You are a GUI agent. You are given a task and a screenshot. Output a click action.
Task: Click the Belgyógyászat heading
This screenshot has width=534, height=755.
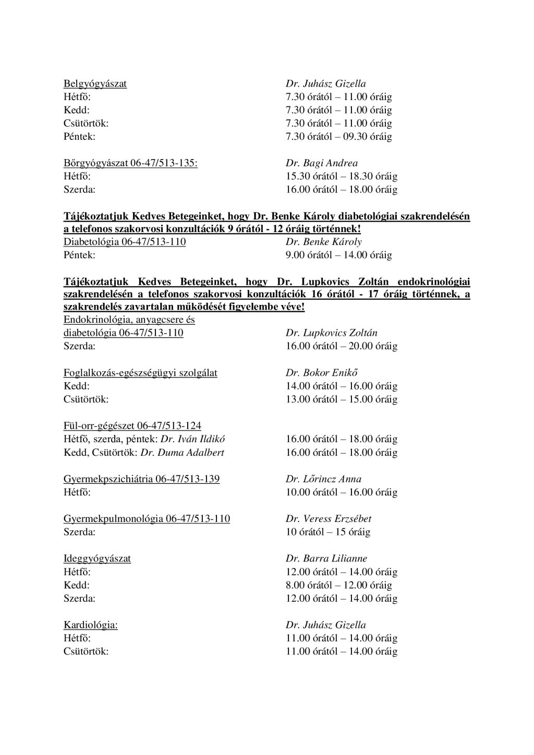point(95,83)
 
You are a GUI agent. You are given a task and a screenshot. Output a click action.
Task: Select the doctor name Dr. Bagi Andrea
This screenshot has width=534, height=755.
point(321,163)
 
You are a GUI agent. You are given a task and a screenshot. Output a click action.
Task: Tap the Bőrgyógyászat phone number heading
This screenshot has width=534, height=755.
point(130,163)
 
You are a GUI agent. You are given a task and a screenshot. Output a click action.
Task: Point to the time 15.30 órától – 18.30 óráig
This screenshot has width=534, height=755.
point(341,176)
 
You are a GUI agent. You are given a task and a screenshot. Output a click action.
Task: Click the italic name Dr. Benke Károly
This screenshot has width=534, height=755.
point(323,242)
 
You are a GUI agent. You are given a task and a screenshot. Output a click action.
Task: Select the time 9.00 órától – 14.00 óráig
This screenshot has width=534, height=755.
point(338,255)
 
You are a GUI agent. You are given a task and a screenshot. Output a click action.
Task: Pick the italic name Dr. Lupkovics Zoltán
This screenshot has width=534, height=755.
point(331,333)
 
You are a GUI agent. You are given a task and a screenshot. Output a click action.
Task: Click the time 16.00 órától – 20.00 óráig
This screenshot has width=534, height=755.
point(341,346)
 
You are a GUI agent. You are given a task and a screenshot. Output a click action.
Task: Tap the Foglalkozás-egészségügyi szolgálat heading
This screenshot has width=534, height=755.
point(140,373)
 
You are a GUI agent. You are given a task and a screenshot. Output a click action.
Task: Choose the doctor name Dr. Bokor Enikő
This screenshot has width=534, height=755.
point(321,373)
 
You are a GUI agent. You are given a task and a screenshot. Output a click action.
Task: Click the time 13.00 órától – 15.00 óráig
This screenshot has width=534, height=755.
point(341,399)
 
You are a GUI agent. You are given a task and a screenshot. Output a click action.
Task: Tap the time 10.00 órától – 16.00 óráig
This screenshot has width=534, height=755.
point(341,492)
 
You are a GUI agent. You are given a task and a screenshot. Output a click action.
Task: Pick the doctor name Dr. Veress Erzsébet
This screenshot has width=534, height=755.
point(328,519)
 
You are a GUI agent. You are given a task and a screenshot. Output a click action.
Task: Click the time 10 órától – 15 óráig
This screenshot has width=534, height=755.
point(327,532)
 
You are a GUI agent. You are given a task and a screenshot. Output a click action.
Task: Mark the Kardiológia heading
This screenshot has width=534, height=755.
point(90,625)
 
